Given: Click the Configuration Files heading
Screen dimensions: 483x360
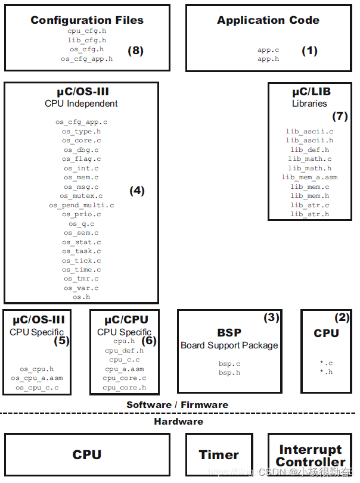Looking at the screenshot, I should click(x=87, y=20).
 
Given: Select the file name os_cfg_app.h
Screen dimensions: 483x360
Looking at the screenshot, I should click(x=86, y=59).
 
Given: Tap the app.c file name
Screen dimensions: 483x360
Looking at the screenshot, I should click(x=268, y=51).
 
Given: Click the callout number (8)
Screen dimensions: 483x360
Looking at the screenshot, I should click(x=136, y=51).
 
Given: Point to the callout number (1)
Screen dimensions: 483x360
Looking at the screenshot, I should click(x=310, y=51).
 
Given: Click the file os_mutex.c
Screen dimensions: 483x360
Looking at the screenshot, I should click(x=81, y=196).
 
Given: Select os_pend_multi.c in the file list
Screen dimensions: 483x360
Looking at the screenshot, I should click(x=81, y=205).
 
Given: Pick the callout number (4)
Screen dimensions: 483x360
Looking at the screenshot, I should click(x=137, y=191).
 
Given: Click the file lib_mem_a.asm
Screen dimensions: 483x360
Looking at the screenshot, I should click(x=309, y=177).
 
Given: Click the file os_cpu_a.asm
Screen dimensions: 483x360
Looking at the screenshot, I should click(x=36, y=378).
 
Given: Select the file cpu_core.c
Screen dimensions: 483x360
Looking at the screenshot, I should click(x=124, y=378).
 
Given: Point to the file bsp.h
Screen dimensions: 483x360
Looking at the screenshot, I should click(x=229, y=373).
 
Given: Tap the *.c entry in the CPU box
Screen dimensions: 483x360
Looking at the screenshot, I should click(x=326, y=363).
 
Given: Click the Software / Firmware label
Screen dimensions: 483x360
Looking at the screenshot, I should click(x=177, y=405).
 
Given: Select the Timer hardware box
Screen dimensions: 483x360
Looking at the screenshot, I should click(x=219, y=454).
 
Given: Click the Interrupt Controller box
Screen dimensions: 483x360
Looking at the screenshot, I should click(x=311, y=456).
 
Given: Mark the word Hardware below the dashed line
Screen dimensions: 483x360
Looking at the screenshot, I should click(x=178, y=422).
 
